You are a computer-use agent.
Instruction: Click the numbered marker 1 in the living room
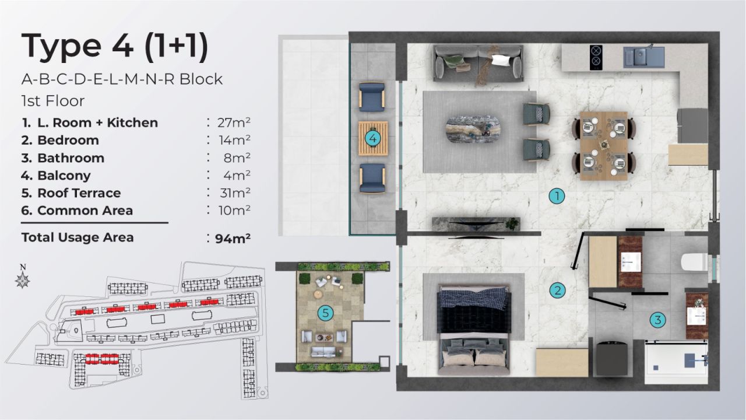(x=557, y=197)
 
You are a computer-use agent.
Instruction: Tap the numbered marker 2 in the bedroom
(x=557, y=290)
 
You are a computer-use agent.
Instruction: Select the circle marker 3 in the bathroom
(x=657, y=320)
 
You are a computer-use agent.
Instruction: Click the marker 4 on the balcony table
(x=372, y=139)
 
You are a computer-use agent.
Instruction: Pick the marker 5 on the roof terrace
(x=325, y=313)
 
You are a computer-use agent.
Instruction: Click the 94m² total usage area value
(x=233, y=238)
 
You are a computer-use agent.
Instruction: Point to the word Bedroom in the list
(x=68, y=140)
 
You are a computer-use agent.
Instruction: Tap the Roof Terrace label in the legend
(x=79, y=192)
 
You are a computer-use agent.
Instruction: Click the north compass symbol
(x=23, y=280)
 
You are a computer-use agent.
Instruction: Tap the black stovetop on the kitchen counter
(x=596, y=57)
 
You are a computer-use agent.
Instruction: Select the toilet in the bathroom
(x=694, y=262)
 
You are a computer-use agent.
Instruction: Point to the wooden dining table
(x=604, y=145)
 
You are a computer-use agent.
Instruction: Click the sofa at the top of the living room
(x=478, y=63)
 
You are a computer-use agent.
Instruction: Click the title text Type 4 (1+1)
(x=115, y=47)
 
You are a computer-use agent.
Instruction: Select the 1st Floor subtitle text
(x=53, y=100)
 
